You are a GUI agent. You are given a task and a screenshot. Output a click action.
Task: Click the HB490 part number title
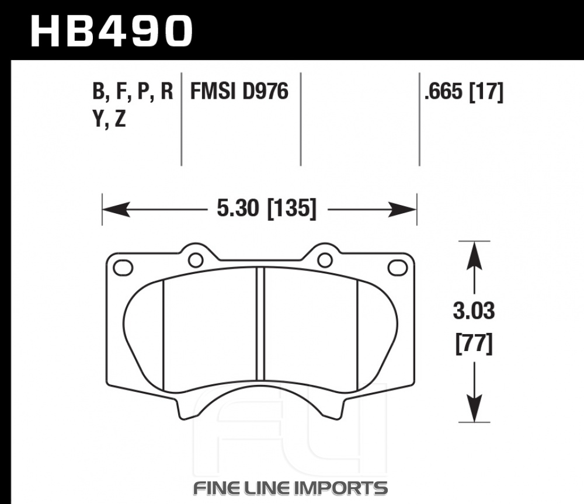pos(112,32)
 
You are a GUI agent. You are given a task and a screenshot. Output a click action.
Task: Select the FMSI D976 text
pos(239,91)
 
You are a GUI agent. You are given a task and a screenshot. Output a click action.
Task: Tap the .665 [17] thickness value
pos(464,92)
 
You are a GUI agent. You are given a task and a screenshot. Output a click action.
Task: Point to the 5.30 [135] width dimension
pos(266,208)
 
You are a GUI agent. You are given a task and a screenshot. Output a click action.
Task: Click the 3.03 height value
pos(474,311)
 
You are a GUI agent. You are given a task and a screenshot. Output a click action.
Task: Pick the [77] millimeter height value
pos(474,343)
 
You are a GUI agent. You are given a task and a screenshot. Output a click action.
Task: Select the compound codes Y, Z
pos(109,119)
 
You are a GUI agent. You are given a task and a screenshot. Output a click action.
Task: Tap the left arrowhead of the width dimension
pos(116,209)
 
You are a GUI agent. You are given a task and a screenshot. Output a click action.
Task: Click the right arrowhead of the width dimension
pos(402,209)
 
